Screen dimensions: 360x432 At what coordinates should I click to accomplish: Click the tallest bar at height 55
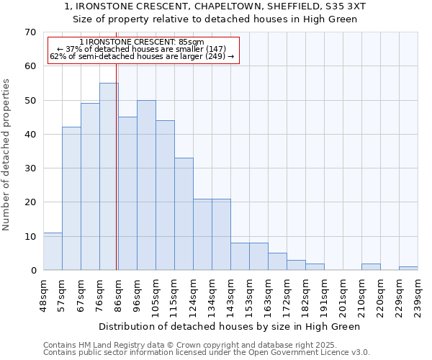pyautogui.click(x=109, y=176)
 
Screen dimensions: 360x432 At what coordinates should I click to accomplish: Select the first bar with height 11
pyautogui.click(x=53, y=251)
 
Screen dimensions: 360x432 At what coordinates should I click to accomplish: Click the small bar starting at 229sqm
pyautogui.click(x=408, y=269)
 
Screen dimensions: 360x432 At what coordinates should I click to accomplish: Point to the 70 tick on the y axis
pyautogui.click(x=30, y=32)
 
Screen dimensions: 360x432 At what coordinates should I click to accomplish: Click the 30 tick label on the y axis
pyautogui.click(x=30, y=168)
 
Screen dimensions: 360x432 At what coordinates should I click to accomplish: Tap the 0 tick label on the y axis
pyautogui.click(x=33, y=271)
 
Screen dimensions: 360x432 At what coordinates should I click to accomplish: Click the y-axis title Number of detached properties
pyautogui.click(x=6, y=156)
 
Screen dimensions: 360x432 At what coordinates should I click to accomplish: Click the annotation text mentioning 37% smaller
pyautogui.click(x=141, y=49)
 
